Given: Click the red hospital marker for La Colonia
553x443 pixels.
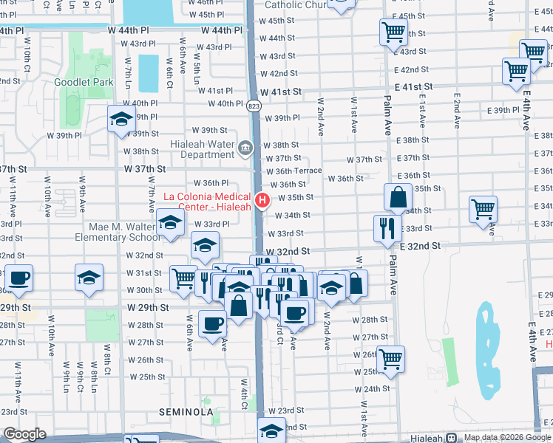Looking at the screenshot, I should click(x=262, y=200).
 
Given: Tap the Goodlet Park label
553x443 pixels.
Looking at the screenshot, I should click(x=84, y=82).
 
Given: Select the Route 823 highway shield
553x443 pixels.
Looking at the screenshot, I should click(x=254, y=106).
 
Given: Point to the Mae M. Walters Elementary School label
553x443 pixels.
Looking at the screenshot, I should click(x=116, y=232).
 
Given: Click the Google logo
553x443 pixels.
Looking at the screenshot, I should click(x=24, y=434).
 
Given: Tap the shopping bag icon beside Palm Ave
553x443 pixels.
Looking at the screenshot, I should click(x=398, y=198).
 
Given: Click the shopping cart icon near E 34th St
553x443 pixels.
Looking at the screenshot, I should click(x=483, y=209).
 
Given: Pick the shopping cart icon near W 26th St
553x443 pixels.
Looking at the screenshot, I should click(x=391, y=359).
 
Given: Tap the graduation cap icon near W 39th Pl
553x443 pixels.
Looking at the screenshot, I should click(x=121, y=120).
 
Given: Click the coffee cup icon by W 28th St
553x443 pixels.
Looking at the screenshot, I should click(x=213, y=323).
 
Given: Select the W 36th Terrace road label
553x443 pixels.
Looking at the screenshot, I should click(x=294, y=171).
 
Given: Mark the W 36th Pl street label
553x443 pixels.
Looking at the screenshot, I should click(x=211, y=182).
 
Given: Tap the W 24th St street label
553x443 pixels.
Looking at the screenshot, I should click(x=376, y=388).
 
